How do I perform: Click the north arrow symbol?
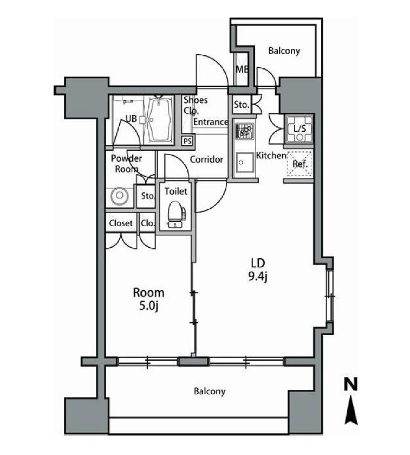pos(352,410)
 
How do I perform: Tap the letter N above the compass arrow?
pos(352,384)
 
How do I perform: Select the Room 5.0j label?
pos(149,299)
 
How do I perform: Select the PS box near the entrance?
pos(187,140)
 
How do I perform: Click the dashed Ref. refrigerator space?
pos(299,164)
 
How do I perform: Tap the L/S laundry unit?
pos(298,128)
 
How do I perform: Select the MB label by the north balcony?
pos(241,69)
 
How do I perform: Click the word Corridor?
pos(206,159)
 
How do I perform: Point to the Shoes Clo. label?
pos(195,105)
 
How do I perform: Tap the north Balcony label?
pos(284,51)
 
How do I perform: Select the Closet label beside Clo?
pos(121,223)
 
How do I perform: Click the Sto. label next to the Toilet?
pos(148,196)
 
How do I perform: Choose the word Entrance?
pos(211,122)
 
